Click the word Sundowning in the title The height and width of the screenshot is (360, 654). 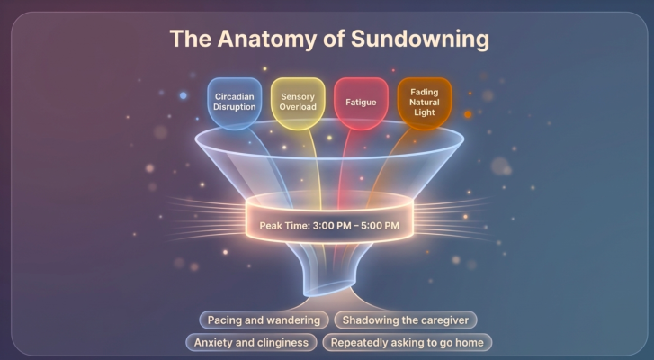[x=420, y=40]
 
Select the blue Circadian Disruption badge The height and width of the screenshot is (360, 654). [x=235, y=103]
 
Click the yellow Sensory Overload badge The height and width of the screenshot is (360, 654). [x=298, y=103]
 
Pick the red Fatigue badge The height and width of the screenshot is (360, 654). [x=362, y=103]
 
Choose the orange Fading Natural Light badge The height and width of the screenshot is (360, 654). [x=425, y=103]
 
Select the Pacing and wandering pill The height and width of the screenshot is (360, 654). [x=264, y=320]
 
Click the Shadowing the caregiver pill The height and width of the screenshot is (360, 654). [x=406, y=320]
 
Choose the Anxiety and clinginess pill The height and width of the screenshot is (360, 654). [x=251, y=343]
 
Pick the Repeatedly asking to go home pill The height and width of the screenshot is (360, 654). [x=408, y=343]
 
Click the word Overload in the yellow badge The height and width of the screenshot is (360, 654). [x=298, y=107]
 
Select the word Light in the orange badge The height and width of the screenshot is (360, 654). [x=425, y=112]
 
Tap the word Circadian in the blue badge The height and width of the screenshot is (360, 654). [x=235, y=97]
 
